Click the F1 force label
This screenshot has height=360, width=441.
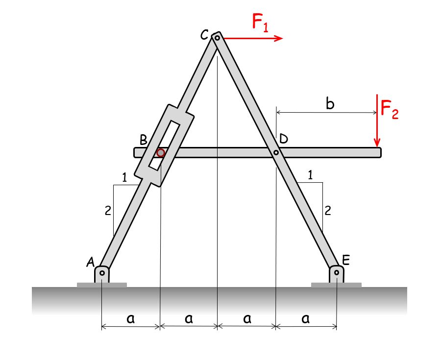260,23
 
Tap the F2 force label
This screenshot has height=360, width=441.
390,111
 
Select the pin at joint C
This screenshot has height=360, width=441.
217,37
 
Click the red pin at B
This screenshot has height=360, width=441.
160,153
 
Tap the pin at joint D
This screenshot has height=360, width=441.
276,153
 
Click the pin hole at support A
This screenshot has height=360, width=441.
102,272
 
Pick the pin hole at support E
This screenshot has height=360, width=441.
337,272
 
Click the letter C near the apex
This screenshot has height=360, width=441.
204,35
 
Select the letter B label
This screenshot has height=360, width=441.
143,140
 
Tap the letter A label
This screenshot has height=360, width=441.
91,263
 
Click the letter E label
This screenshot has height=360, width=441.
346,260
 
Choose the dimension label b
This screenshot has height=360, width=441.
331,104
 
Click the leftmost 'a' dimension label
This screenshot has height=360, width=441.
130,319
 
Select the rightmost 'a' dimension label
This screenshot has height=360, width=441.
306,319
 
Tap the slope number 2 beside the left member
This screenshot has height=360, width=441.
108,211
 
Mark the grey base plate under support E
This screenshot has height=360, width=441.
336,285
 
